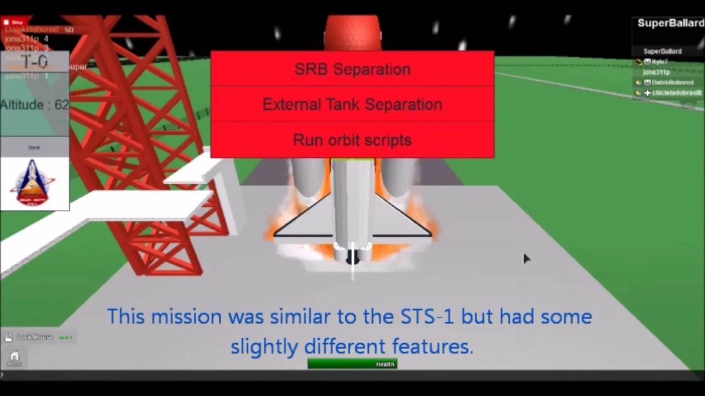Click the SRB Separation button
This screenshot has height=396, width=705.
[352, 69]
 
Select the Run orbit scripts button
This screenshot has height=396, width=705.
[352, 140]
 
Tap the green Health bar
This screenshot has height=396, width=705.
[352, 364]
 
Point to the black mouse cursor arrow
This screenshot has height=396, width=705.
[526, 258]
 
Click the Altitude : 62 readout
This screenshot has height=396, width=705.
[35, 105]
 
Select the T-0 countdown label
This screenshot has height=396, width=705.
[34, 62]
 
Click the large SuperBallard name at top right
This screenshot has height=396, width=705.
[670, 23]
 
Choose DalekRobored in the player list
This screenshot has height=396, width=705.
[672, 82]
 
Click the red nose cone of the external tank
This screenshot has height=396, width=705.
[352, 30]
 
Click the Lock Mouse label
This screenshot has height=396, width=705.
[35, 337]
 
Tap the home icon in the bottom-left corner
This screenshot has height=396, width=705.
[14, 356]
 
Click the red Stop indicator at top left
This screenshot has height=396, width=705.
[13, 22]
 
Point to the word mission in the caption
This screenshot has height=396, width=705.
[187, 317]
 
